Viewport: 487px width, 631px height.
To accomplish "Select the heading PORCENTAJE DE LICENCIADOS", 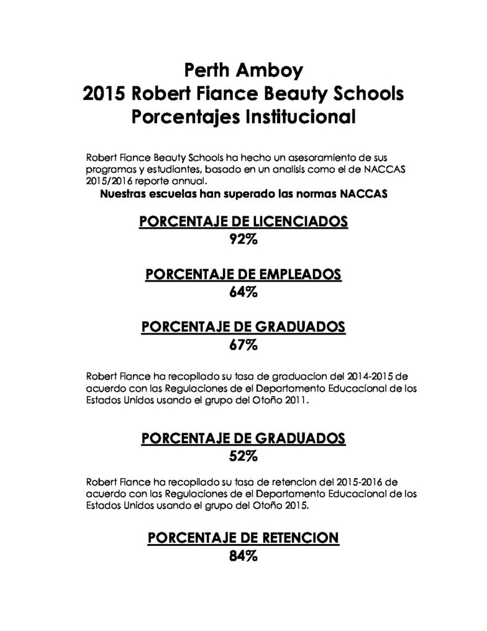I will point(243,222).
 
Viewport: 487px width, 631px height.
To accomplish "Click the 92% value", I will point(243,240).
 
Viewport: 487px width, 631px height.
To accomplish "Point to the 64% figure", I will point(243,292).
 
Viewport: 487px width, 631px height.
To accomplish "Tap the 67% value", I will point(243,345).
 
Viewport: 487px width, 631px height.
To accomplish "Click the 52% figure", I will point(243,457).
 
